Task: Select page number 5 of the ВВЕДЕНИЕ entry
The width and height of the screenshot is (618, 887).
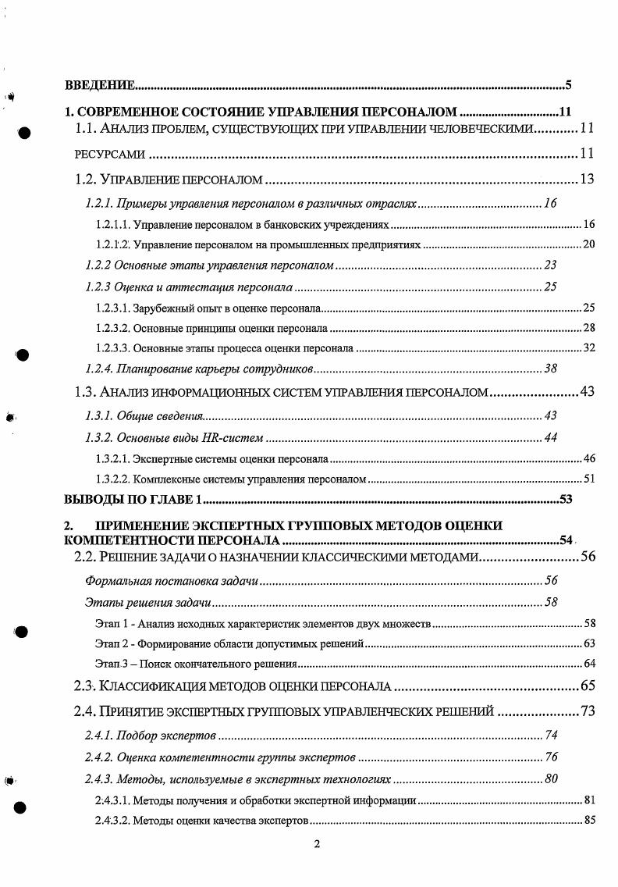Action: point(568,84)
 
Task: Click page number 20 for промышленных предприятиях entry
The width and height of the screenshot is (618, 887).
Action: point(589,244)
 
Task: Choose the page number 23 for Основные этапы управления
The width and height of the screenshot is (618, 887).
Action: point(550,265)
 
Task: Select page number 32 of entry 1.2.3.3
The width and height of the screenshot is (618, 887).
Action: point(589,347)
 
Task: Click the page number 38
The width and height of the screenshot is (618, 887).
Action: point(550,368)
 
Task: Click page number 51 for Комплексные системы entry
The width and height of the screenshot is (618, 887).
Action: point(589,478)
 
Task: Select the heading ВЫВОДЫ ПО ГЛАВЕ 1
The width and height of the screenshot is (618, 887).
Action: point(133,499)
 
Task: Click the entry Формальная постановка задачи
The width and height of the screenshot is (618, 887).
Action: point(171,581)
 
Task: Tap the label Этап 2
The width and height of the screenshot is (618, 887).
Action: point(110,643)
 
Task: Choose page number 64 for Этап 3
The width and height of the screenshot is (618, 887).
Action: point(589,664)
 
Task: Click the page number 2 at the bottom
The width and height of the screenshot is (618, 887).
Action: point(317,844)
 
